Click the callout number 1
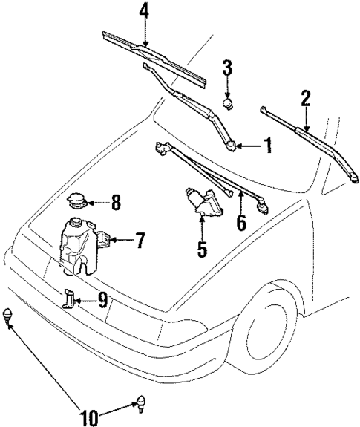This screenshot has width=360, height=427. click(x=267, y=146)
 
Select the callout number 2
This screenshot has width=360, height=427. click(x=305, y=97)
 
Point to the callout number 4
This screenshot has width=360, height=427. click(x=144, y=12)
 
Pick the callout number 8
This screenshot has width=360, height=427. click(x=115, y=201)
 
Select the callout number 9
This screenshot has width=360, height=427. click(x=102, y=300)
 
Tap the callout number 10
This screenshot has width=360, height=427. click(x=88, y=417)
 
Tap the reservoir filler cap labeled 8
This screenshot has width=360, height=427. click(x=76, y=200)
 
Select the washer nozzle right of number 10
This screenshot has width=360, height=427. click(x=139, y=405)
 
